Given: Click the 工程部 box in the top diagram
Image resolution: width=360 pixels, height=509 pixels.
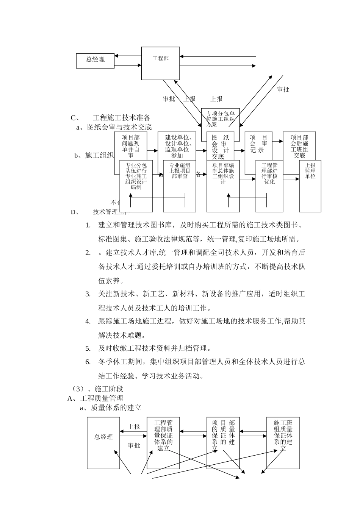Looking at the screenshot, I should pos(161,63).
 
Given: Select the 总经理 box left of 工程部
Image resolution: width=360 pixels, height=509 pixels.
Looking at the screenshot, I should pos(95,61).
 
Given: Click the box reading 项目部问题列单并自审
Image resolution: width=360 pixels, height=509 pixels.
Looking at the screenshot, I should pos(130,146).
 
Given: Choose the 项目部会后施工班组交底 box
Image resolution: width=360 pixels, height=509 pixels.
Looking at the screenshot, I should pos(299,146).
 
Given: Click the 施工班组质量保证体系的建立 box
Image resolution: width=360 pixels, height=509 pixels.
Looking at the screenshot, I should pos(283,443).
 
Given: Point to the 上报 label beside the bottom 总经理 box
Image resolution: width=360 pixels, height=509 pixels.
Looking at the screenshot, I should pos(134,426).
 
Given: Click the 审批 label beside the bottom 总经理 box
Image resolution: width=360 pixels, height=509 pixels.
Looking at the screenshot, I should pos(134,445).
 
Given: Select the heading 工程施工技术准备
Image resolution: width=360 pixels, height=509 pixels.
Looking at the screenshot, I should pos(122,117).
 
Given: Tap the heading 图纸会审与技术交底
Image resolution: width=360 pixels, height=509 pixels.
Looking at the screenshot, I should pos(119,127).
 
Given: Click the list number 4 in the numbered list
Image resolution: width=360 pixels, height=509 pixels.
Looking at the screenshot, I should pos(88,322).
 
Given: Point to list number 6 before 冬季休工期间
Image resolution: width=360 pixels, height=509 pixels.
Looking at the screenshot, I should pos(88,362).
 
